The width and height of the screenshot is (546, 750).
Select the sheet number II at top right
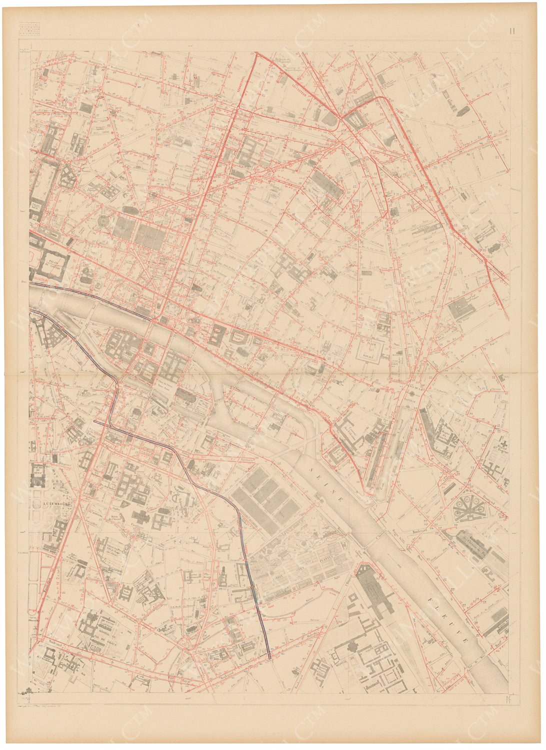point(512,30)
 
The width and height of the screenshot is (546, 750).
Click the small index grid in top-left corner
point(28,29)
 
